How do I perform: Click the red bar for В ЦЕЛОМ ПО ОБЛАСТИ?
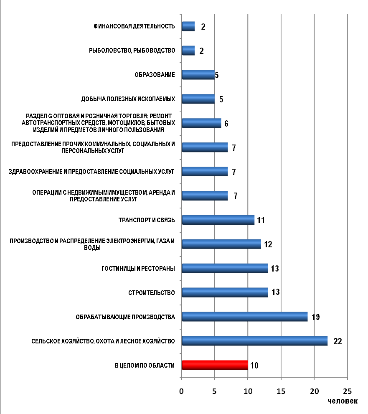pyautogui.click(x=215, y=365)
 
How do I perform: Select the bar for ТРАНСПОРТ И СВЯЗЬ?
pyautogui.click(x=218, y=220)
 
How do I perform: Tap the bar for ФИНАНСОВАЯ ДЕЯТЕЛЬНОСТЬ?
pyautogui.click(x=188, y=26)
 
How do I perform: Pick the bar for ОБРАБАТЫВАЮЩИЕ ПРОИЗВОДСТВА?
pyautogui.click(x=245, y=317)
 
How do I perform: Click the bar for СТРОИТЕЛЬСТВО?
pyautogui.click(x=225, y=292)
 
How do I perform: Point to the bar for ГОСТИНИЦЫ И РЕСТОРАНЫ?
pyautogui.click(x=225, y=268)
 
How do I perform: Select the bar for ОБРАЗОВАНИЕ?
pyautogui.click(x=198, y=75)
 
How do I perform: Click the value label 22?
pyautogui.click(x=338, y=341)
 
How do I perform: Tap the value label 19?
pyautogui.click(x=316, y=317)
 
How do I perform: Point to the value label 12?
pyautogui.click(x=268, y=244)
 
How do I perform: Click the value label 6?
pyautogui.click(x=226, y=124)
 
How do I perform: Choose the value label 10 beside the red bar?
pyautogui.click(x=254, y=366)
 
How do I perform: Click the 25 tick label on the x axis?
pyautogui.click(x=348, y=391)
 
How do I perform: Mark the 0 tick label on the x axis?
pyautogui.click(x=181, y=391)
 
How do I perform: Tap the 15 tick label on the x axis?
pyautogui.click(x=281, y=391)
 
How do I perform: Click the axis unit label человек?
pyautogui.click(x=343, y=401)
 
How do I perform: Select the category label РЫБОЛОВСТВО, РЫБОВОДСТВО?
pyautogui.click(x=132, y=51)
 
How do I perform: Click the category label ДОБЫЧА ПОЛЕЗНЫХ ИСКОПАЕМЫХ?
pyautogui.click(x=128, y=99)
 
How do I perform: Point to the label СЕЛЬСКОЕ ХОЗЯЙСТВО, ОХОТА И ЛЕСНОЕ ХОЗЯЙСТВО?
pyautogui.click(x=103, y=341)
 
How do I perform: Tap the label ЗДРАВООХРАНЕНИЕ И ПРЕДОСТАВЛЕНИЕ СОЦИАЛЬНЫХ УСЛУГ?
pyautogui.click(x=91, y=172)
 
